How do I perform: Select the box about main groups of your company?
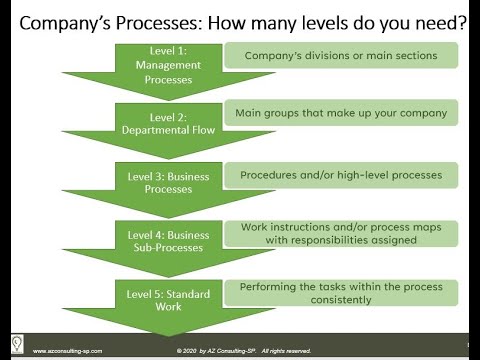[341, 113]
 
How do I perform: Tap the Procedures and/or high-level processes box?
[341, 175]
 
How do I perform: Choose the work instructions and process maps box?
[341, 233]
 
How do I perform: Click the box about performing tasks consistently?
[341, 292]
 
